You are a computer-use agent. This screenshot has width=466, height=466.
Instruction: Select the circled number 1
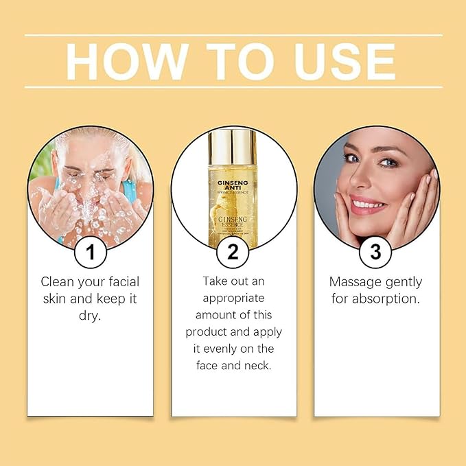[x=90, y=252]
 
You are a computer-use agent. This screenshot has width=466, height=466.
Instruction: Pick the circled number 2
[x=233, y=252]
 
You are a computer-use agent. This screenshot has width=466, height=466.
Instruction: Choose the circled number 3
[x=375, y=252]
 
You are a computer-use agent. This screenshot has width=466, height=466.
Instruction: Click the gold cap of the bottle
[x=233, y=148]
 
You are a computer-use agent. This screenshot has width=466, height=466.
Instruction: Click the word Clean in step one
[x=57, y=281]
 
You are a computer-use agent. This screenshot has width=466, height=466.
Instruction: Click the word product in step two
[x=207, y=332]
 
